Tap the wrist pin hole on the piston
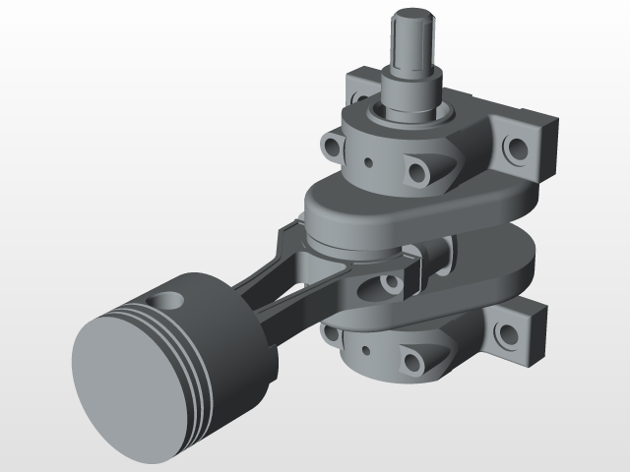tap(167, 301)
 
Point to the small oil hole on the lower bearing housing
tap(366, 349)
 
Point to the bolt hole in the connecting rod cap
tap(392, 284)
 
